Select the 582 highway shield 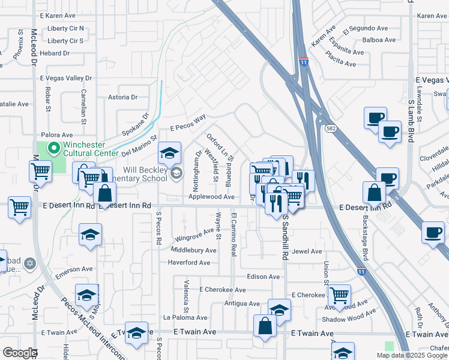[331, 128]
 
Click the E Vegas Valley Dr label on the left [65, 78]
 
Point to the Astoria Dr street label [122, 97]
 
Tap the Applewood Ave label [211, 196]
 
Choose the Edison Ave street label [264, 277]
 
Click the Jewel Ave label [308, 251]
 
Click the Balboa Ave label [379, 40]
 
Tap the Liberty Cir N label [65, 28]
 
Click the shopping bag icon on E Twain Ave [265, 326]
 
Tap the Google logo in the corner [19, 353]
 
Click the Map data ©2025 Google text [412, 355]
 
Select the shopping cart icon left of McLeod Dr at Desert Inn [19, 208]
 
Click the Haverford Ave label [188, 262]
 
